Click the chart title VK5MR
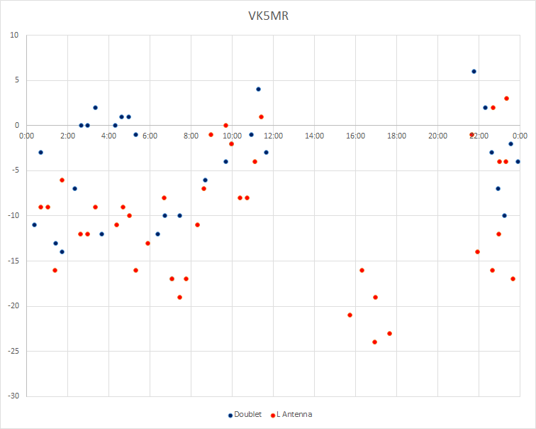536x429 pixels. pyautogui.click(x=268, y=16)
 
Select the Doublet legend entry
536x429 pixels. pyautogui.click(x=245, y=415)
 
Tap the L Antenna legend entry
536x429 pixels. pyautogui.click(x=291, y=415)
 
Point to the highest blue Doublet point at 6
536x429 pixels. pyautogui.click(x=474, y=72)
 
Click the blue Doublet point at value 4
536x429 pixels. pyautogui.click(x=258, y=89)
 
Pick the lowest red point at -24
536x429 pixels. pyautogui.click(x=374, y=342)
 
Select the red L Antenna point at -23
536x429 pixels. pyautogui.click(x=389, y=334)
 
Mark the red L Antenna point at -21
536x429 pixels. pyautogui.click(x=350, y=315)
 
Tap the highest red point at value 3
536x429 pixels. pyautogui.click(x=507, y=99)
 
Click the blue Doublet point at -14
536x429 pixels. pyautogui.click(x=62, y=252)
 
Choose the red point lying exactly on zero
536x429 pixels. pyautogui.click(x=225, y=125)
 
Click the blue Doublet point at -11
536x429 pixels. pyautogui.click(x=34, y=225)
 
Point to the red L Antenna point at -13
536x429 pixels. pyautogui.click(x=147, y=244)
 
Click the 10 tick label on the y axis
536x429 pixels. pyautogui.click(x=14, y=36)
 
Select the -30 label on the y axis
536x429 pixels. pyautogui.click(x=13, y=396)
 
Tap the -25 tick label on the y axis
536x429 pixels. pyautogui.click(x=13, y=352)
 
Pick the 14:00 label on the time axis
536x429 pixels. pyautogui.click(x=315, y=136)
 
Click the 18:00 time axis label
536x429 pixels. pyautogui.click(x=396, y=136)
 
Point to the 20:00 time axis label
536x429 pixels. pyautogui.click(x=438, y=136)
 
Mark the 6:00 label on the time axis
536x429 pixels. pyautogui.click(x=150, y=136)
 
